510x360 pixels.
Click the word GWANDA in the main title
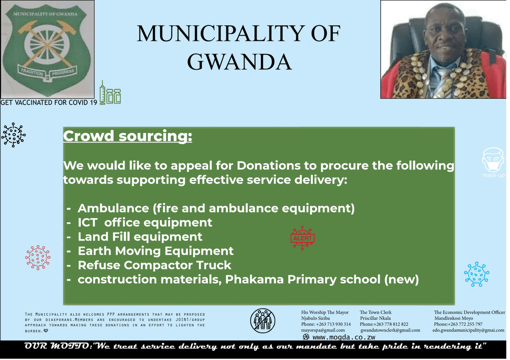[239, 62]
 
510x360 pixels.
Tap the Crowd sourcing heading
[127, 136]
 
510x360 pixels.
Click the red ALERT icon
[302, 238]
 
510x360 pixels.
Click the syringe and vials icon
[110, 94]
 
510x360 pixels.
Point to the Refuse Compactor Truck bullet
[154, 265]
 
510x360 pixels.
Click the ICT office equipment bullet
[144, 222]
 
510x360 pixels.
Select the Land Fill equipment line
[140, 237]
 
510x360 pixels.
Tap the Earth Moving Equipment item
[155, 251]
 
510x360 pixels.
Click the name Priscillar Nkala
[375, 318]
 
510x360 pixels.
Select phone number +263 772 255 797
[458, 324]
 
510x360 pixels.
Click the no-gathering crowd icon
[263, 320]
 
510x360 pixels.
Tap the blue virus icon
[477, 274]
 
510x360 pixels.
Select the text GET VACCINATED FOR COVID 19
[49, 102]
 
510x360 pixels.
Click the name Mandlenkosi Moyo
[453, 318]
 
